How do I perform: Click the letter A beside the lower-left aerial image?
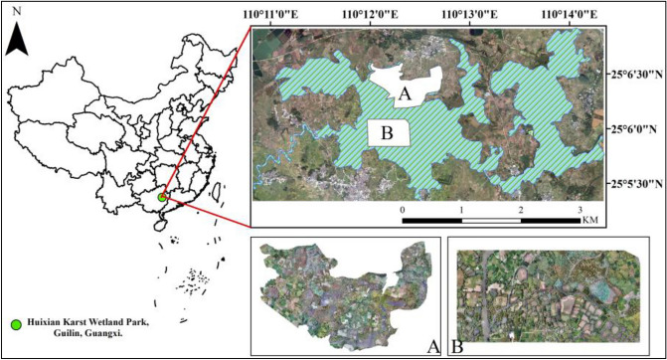click(430, 345)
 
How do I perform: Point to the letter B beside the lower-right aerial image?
click(459, 345)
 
